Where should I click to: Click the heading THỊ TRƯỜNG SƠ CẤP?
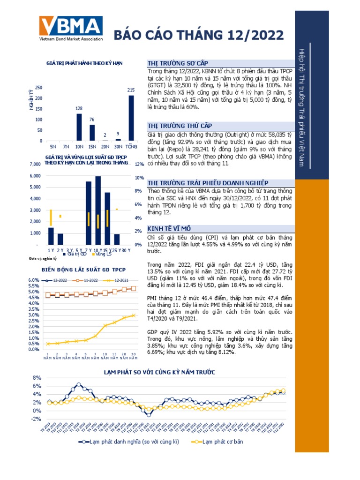coord(177,63)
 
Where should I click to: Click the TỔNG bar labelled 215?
coord(131,118)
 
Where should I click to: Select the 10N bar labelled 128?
coord(79,127)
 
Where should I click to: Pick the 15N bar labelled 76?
coord(92,133)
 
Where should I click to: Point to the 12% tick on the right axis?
coord(139,165)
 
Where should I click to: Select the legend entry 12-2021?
coord(122,280)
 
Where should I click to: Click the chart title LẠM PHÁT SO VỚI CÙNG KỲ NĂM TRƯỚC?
coord(159,372)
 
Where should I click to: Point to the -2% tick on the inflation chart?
coord(37,419)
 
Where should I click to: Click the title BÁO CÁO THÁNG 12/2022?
coord(199,35)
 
